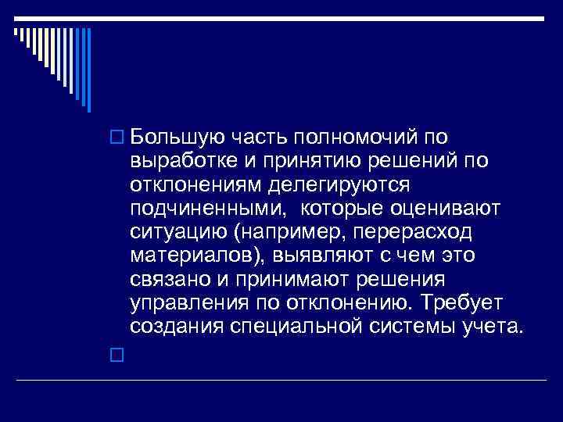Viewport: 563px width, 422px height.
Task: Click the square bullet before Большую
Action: pos(118,139)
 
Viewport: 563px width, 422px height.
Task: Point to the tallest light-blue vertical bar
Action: pos(88,70)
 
